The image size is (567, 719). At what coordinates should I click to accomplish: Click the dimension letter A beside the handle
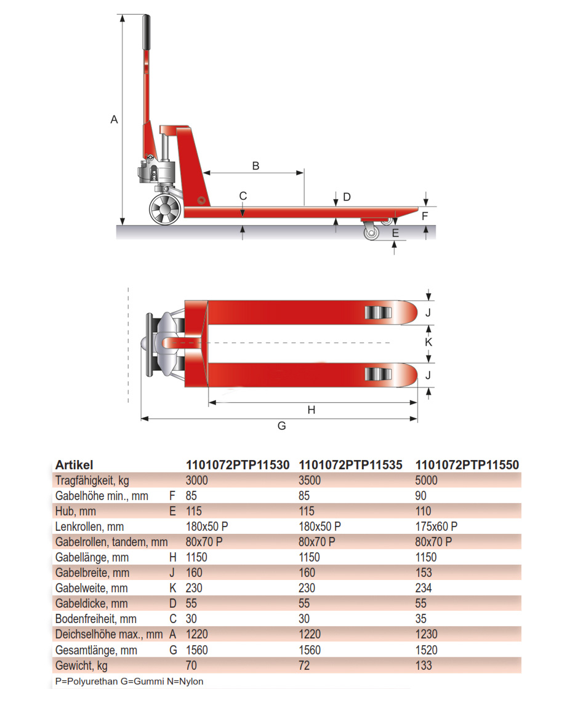[x=114, y=120]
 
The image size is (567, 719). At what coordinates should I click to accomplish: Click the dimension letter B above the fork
[x=255, y=165]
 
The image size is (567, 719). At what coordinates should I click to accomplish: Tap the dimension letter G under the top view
[x=282, y=426]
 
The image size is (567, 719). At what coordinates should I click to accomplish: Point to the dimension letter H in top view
[x=312, y=410]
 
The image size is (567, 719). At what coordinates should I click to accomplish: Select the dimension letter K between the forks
[x=429, y=340]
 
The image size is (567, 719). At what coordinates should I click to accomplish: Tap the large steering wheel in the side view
[x=166, y=210]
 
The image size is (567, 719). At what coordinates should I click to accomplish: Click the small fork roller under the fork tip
[x=372, y=233]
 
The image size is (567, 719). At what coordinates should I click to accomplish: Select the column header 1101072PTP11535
[x=350, y=465]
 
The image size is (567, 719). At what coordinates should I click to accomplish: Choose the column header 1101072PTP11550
[x=467, y=465]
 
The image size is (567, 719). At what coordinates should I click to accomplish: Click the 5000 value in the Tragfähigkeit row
[x=427, y=480]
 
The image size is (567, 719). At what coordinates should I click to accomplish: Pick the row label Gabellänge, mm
[x=92, y=557]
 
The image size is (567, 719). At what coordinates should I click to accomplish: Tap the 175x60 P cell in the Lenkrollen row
[x=436, y=526]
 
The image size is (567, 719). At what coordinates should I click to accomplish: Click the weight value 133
[x=424, y=665]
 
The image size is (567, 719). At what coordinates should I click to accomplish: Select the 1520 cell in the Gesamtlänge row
[x=427, y=650]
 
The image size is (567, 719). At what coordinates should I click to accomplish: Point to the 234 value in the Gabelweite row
[x=424, y=588]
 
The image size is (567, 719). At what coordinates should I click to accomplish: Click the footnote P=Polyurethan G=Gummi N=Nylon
[x=129, y=681]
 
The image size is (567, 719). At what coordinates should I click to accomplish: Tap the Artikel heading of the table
[x=74, y=465]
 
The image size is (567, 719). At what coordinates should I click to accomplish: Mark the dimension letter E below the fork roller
[x=395, y=233]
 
